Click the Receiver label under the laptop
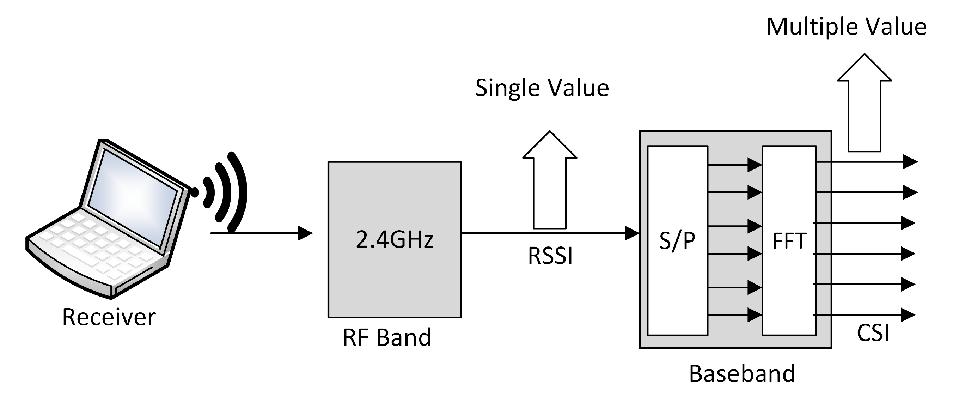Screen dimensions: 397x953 [x=109, y=317]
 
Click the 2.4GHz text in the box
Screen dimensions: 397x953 [x=395, y=239]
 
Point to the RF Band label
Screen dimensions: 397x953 [x=387, y=337]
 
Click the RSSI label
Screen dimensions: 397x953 [x=550, y=256]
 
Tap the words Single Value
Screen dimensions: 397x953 [x=542, y=88]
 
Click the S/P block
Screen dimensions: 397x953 [x=677, y=240]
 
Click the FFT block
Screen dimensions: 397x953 [x=789, y=240]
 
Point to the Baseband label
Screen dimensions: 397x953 [x=742, y=373]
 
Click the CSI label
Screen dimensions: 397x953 [x=873, y=332]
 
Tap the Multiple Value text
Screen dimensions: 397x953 [x=846, y=27]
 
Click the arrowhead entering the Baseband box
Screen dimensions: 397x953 [x=632, y=233]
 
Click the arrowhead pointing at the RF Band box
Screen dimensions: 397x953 [x=305, y=233]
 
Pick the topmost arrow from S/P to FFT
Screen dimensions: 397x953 [x=734, y=165]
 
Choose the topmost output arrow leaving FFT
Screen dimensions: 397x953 [x=866, y=162]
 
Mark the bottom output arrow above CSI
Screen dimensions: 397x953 [x=864, y=315]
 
